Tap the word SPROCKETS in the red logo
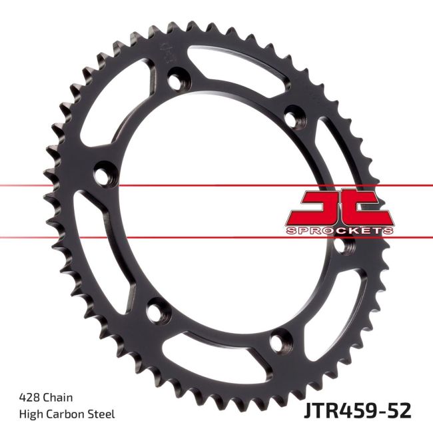pyautogui.click(x=340, y=230)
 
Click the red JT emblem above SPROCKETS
pyautogui.click(x=340, y=207)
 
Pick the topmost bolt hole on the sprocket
pyautogui.click(x=176, y=83)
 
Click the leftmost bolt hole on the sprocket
pyautogui.click(x=103, y=176)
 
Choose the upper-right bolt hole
pyautogui.click(x=292, y=117)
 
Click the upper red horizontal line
pyautogui.click(x=133, y=185)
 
